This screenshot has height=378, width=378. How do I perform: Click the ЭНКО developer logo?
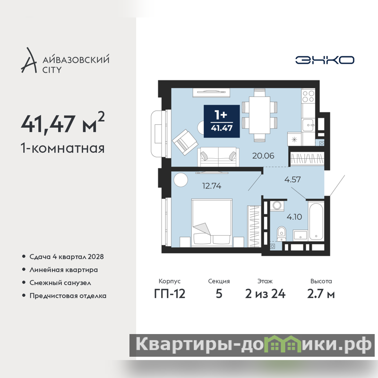(325, 60)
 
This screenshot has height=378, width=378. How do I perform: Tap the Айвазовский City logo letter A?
(29, 60)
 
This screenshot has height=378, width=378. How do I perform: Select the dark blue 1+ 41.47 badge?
(222, 121)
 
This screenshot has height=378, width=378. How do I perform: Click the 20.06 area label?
(263, 156)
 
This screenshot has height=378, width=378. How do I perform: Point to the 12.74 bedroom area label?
(211, 186)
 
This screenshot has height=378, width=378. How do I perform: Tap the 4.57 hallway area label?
(292, 180)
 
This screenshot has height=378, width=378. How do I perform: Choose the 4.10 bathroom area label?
(294, 217)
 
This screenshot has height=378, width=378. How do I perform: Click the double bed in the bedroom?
(212, 223)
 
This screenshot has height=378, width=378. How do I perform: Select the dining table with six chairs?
(259, 115)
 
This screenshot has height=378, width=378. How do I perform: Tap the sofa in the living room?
(218, 157)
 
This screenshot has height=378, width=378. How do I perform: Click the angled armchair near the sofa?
(185, 142)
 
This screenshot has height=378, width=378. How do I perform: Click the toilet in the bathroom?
(281, 233)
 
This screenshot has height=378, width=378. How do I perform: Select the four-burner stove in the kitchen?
(309, 96)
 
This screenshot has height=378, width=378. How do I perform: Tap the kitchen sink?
(308, 125)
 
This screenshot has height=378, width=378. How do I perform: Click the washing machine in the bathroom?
(277, 206)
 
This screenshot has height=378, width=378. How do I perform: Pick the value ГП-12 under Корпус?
(170, 294)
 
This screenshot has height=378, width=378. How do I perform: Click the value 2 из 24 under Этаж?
(265, 294)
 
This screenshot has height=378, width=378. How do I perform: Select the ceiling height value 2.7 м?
(321, 294)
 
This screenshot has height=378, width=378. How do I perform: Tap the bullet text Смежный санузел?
(60, 283)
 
